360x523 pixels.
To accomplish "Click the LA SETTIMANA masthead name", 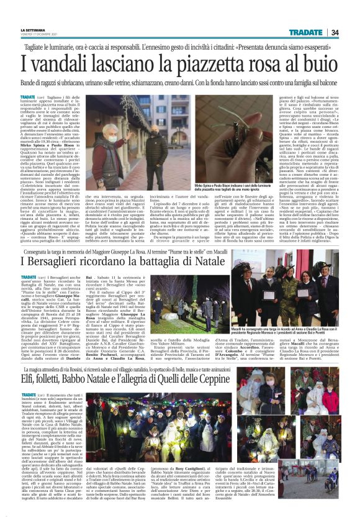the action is pyautogui.click(x=32, y=29).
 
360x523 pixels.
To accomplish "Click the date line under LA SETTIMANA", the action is pyautogui.click(x=37, y=34).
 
